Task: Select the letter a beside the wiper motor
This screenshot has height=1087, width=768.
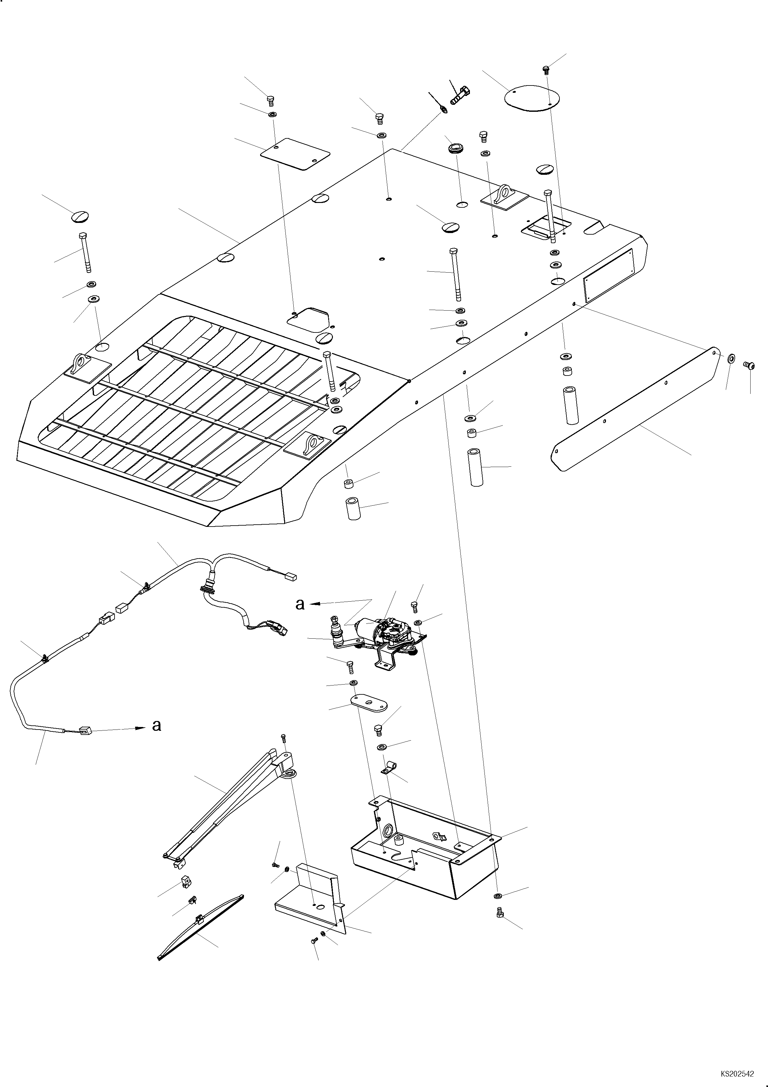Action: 300,604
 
